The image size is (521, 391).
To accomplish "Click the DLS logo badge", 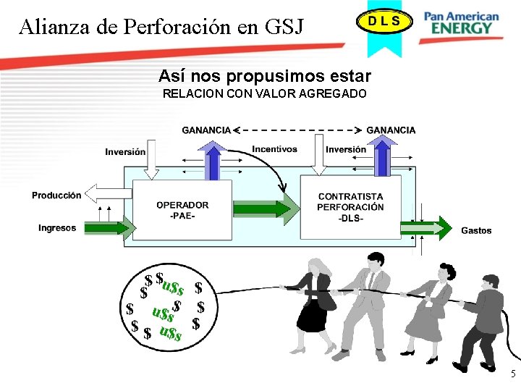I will click(383, 21).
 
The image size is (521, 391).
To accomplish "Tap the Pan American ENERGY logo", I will click(462, 22).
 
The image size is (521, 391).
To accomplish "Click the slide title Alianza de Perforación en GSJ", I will click(162, 27).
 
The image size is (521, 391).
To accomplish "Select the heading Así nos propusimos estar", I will click(264, 76).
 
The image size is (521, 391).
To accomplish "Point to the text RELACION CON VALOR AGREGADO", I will click(264, 94).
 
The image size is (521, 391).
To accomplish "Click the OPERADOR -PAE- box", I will click(182, 209).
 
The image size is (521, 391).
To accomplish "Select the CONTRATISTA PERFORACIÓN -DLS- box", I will click(350, 207).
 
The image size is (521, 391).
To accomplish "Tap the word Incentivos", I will click(274, 149).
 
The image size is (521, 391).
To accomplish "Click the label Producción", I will click(56, 195).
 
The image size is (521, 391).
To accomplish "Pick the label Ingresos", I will click(57, 228).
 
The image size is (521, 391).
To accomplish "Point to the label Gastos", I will click(475, 230).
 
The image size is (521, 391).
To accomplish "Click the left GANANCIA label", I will click(206, 130).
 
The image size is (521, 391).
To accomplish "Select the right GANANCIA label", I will click(391, 130).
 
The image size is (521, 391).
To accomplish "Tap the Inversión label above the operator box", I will click(125, 152).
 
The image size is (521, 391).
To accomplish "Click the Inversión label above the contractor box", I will click(346, 150).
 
